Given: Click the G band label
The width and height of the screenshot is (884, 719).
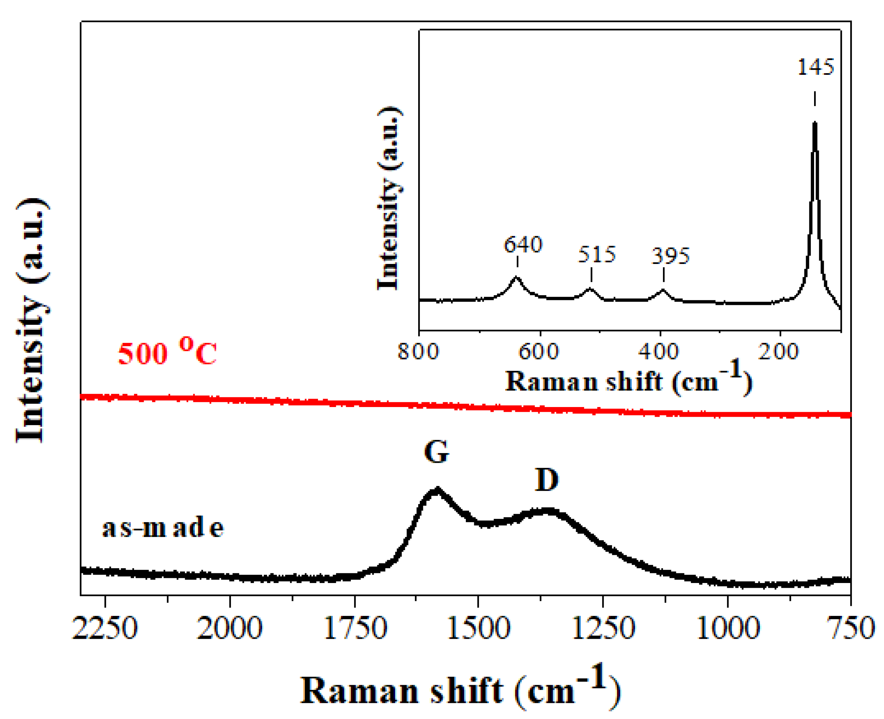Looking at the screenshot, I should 437,452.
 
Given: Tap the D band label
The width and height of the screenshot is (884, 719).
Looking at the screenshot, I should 547,480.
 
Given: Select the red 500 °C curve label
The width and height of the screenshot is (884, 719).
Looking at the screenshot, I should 167,352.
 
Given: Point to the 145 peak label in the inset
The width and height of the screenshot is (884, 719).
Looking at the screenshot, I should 815,67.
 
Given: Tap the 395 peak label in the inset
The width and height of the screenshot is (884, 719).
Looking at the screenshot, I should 670,256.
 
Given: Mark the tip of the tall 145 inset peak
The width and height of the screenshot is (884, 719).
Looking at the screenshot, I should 814,123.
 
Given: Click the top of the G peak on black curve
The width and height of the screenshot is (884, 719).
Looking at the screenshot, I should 437,490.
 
